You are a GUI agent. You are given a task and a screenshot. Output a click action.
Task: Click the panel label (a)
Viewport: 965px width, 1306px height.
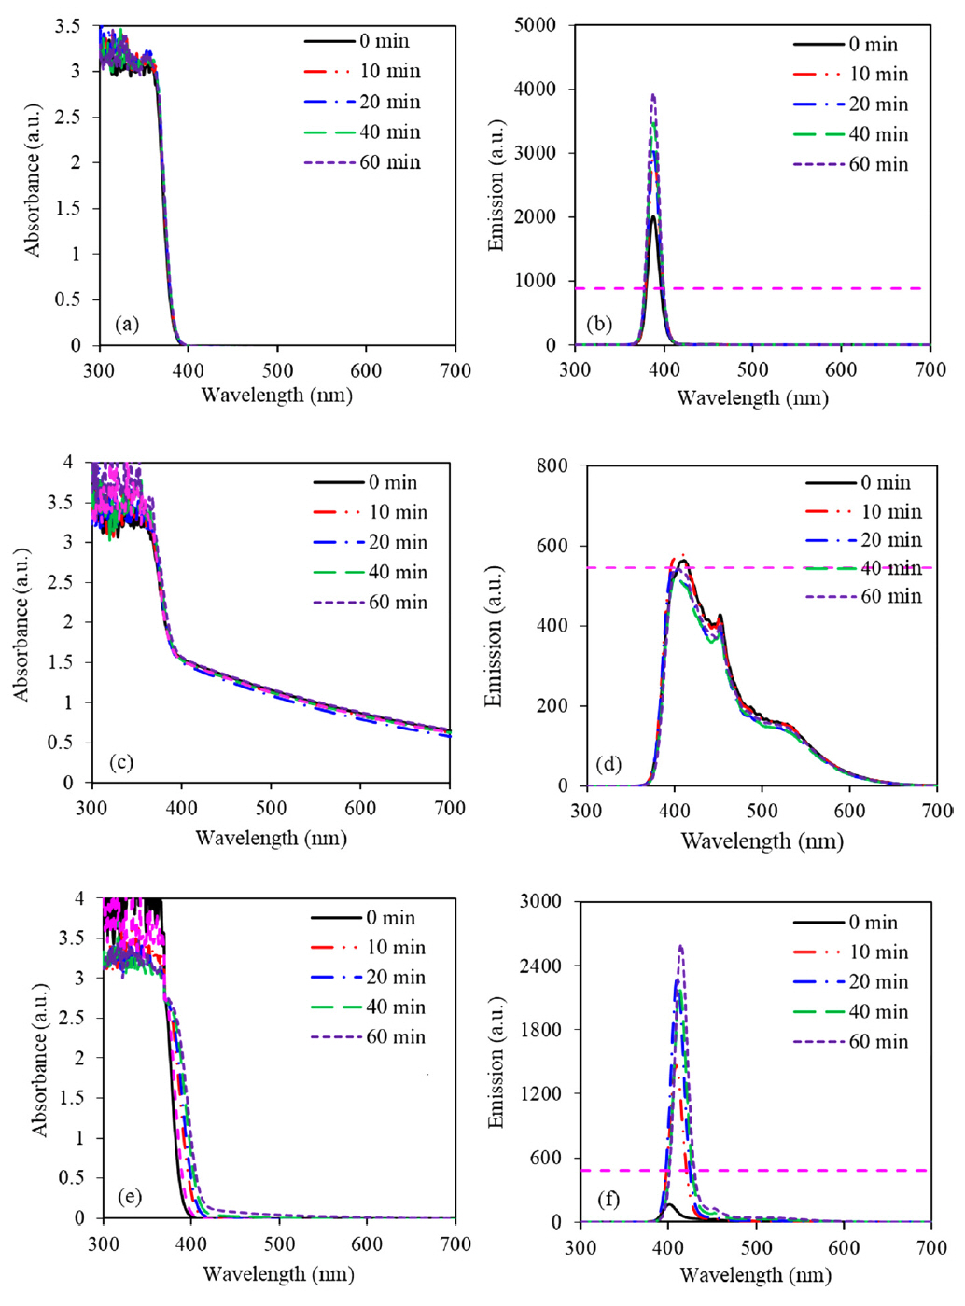[x=127, y=325]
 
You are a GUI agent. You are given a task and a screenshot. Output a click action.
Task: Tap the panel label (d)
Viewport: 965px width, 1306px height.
[x=608, y=765]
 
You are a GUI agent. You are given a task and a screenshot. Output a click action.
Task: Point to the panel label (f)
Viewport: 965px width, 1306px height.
[x=608, y=1199]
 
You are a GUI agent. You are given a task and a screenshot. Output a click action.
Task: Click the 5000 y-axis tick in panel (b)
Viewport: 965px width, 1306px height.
[x=535, y=25]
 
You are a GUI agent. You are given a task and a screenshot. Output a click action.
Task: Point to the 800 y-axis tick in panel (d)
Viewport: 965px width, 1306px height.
[x=552, y=465]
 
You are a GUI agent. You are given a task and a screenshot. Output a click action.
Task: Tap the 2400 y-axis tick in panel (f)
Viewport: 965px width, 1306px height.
[x=541, y=966]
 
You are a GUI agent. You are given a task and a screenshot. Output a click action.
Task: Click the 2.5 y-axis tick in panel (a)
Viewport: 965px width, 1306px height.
[x=68, y=117]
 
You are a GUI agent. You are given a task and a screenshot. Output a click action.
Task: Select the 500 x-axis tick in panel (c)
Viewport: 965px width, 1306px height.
[x=272, y=808]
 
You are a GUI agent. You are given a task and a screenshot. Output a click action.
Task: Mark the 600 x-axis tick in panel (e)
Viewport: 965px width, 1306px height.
[x=368, y=1244]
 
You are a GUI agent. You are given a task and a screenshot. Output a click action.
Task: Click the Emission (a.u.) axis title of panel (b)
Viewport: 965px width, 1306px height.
[x=496, y=185]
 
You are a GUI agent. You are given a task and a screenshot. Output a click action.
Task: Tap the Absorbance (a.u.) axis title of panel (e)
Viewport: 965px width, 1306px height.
[x=39, y=1059]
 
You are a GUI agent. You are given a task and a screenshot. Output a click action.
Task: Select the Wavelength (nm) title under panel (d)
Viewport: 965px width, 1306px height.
[x=762, y=841]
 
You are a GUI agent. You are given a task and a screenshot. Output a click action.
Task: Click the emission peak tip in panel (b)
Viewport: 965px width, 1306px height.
[x=653, y=94]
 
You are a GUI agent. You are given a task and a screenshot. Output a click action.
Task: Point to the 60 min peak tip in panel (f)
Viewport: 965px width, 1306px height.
[x=680, y=946]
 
